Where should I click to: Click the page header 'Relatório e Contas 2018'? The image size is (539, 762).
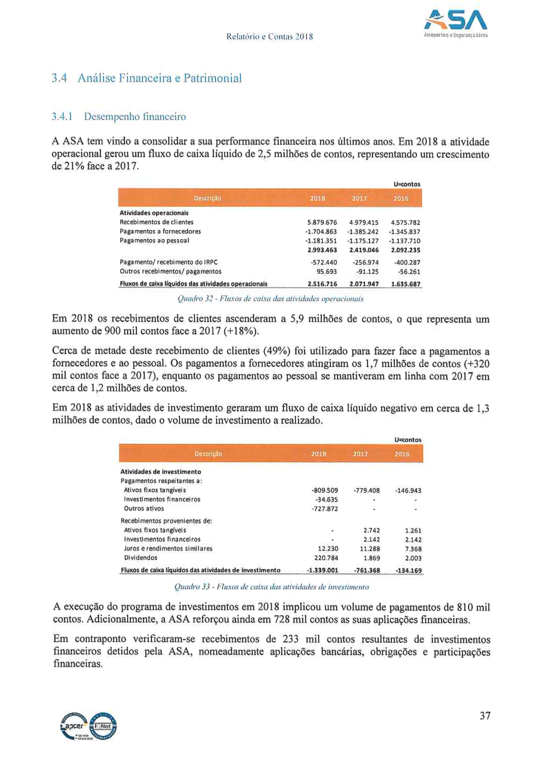(x=269, y=37)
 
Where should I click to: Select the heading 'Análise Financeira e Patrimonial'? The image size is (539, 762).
(x=160, y=78)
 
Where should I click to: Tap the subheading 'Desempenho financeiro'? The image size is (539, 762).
(x=135, y=116)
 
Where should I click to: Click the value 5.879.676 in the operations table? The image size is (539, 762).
(x=322, y=222)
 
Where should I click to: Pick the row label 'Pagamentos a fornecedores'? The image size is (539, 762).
(x=160, y=231)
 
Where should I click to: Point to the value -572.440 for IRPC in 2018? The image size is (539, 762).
(x=324, y=262)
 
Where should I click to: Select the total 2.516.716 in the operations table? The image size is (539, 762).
(x=322, y=283)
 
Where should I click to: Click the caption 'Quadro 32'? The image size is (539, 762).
(x=270, y=299)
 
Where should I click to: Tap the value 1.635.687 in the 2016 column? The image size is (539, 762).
(x=406, y=283)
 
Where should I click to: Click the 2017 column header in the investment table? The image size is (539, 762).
(x=360, y=454)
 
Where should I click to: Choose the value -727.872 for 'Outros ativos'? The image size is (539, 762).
(x=324, y=509)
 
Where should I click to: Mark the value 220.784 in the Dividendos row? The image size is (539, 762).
(x=326, y=558)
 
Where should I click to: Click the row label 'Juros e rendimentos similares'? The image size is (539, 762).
(x=168, y=549)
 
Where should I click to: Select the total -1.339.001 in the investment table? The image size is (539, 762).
(x=322, y=570)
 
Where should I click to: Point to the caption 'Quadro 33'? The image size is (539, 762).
(x=272, y=586)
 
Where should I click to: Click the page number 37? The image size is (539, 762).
(x=485, y=716)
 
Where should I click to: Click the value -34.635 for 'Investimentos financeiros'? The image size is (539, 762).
(x=327, y=500)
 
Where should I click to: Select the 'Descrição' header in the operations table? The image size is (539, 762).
(x=208, y=198)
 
